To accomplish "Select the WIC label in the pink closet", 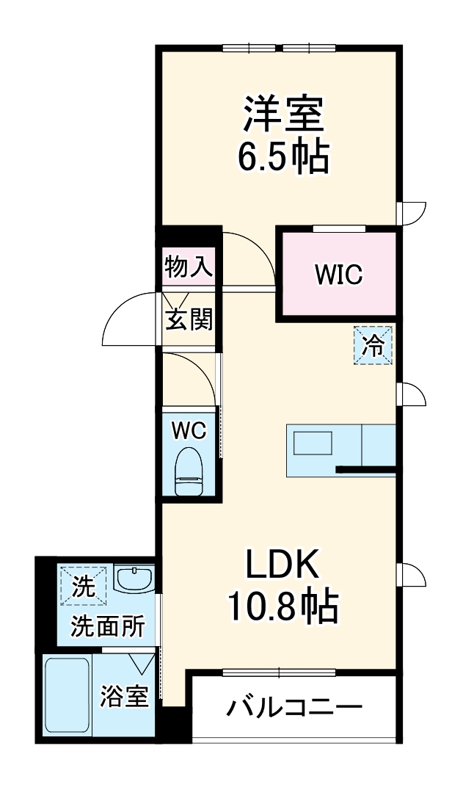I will click(338, 275).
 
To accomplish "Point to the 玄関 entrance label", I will click(189, 319).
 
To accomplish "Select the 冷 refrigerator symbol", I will click(374, 345).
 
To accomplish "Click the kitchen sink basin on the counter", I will click(313, 445).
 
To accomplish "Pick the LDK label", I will click(282, 565).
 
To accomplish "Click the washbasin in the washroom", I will click(134, 579).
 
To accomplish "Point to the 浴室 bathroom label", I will click(125, 696).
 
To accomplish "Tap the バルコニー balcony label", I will click(294, 709).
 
